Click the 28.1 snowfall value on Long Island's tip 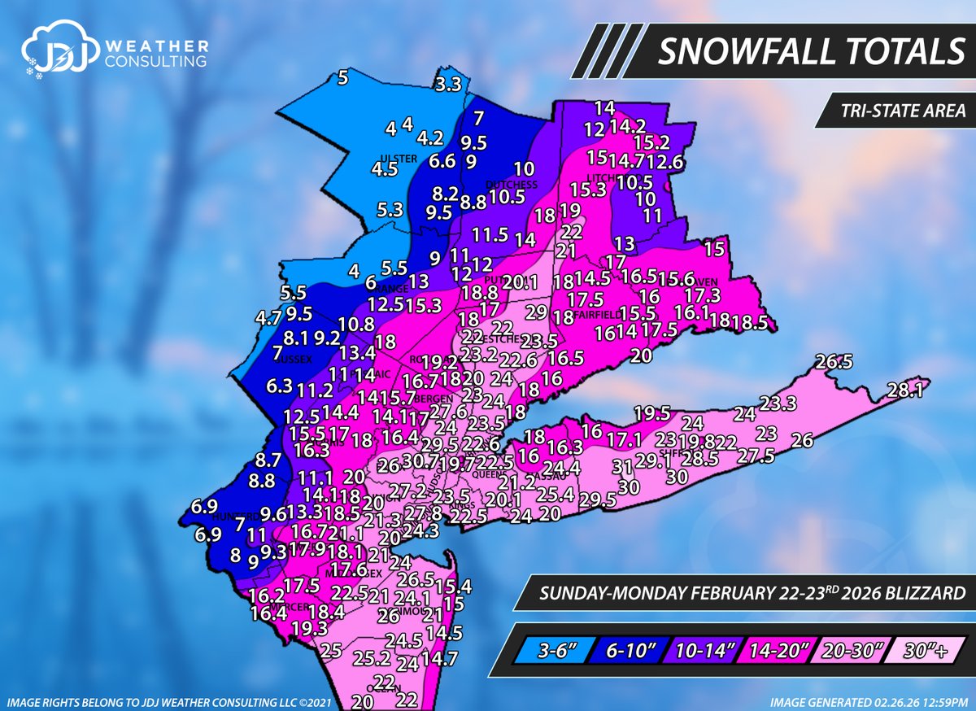click(x=904, y=391)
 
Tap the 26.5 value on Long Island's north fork click(x=834, y=360)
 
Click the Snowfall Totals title click(x=810, y=52)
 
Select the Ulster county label click(x=399, y=158)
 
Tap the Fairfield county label click(x=598, y=313)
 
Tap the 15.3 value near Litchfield click(x=589, y=189)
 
